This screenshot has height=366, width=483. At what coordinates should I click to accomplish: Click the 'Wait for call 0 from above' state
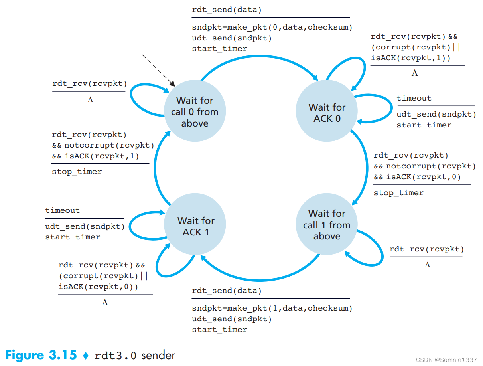point(195,111)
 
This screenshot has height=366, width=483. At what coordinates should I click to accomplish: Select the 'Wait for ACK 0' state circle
point(327,113)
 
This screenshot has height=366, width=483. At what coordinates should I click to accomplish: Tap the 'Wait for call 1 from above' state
point(327,225)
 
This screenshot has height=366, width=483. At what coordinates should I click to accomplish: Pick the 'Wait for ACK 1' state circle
point(195,226)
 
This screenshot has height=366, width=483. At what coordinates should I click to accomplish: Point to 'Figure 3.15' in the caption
point(41,355)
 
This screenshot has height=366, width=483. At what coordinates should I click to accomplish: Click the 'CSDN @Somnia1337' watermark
point(446,360)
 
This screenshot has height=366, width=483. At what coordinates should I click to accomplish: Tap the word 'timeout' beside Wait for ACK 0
point(414,98)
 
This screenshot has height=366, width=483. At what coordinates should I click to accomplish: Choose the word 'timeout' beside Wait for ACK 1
point(63,210)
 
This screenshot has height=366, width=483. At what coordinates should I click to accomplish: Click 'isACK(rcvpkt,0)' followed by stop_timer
point(423,177)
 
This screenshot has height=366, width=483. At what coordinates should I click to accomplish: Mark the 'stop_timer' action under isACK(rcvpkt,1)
point(77,172)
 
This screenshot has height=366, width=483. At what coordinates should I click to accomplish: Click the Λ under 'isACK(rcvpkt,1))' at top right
point(415,73)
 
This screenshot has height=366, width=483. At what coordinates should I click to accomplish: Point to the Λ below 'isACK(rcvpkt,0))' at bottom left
point(105,303)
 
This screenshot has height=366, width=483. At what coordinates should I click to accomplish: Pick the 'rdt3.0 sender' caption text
point(135,355)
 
